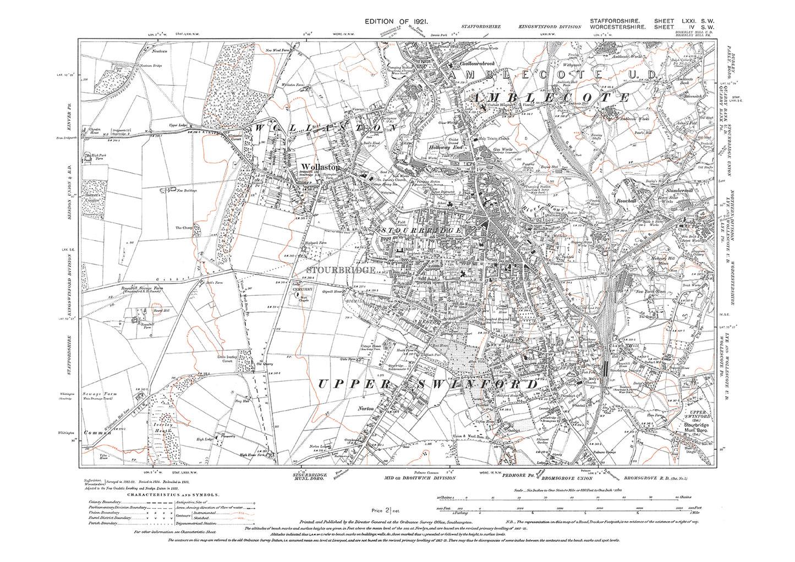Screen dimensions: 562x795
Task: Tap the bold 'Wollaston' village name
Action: pyautogui.click(x=320, y=167)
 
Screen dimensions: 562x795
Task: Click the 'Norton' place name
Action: pyautogui.click(x=366, y=409)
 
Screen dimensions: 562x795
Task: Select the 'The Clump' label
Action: pyautogui.click(x=184, y=228)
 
